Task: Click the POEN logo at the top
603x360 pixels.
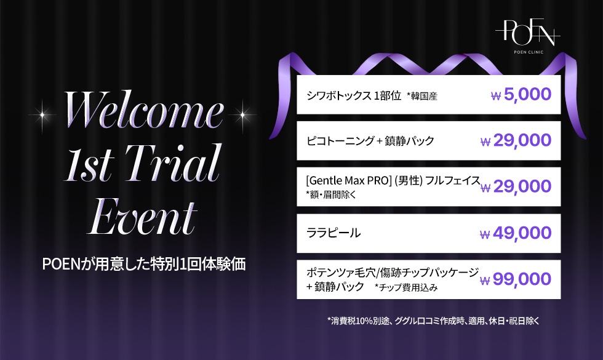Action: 528,32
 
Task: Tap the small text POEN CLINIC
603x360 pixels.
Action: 529,52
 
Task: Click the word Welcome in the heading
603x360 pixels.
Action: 143,110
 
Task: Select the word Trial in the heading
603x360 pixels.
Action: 173,163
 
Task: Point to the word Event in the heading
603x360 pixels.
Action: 142,216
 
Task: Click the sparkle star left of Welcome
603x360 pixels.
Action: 42,114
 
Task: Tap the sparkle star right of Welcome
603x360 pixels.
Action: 242,114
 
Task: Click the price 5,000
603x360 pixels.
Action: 521,95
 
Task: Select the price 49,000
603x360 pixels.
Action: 516,233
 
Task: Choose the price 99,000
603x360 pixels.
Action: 516,279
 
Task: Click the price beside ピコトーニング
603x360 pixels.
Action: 516,141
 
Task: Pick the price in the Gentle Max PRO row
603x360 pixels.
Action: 516,187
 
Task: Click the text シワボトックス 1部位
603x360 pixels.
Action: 354,95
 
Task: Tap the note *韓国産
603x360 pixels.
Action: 422,96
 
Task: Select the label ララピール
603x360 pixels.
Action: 333,233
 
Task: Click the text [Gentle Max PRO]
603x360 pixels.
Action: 349,180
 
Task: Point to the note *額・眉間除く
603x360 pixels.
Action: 331,195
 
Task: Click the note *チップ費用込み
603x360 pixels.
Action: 406,288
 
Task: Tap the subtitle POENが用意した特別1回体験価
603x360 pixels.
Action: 144,264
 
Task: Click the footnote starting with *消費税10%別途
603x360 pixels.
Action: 433,321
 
